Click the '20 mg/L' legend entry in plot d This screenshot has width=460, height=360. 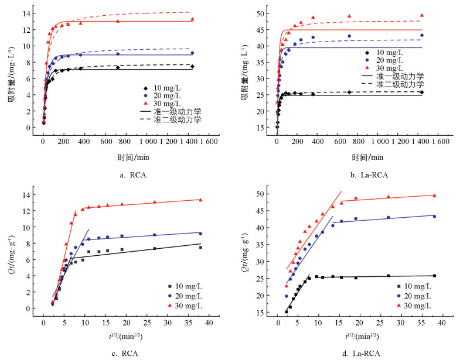415,296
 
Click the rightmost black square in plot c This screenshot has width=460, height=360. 200,247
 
